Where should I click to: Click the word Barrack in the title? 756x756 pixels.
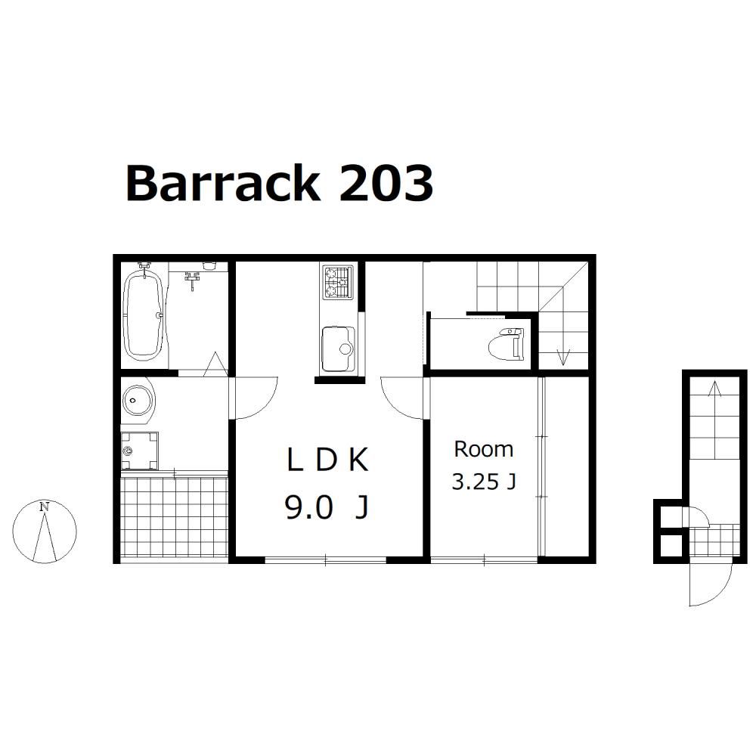tap(223, 183)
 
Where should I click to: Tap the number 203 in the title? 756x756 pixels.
tap(386, 183)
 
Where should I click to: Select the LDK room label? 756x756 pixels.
tap(327, 460)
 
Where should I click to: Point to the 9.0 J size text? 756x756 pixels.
tap(327, 507)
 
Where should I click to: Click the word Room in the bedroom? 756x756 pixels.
tap(484, 449)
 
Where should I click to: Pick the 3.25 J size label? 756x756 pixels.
tap(484, 482)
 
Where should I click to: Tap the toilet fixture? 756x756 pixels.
tap(506, 343)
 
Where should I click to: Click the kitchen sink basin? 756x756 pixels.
tap(338, 349)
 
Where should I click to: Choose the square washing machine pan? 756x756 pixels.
tap(139, 451)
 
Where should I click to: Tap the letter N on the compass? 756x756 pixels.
tap(45, 507)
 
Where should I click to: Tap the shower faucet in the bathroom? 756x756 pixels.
tap(192, 280)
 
